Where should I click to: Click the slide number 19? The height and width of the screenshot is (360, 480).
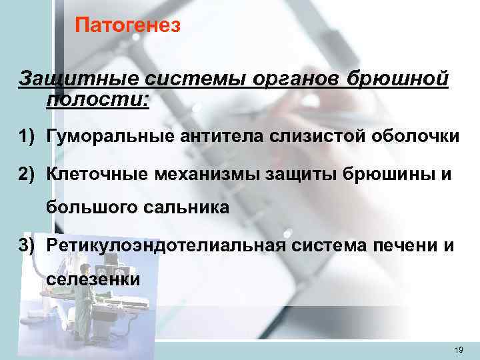click(x=457, y=350)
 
